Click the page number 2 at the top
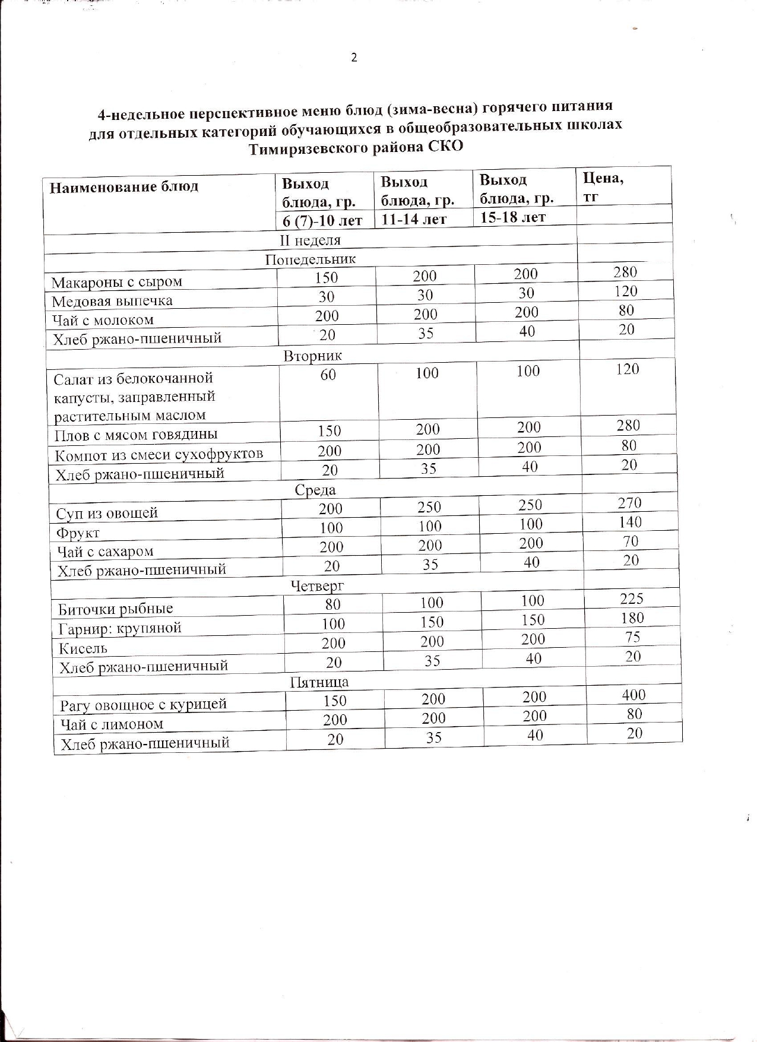[x=354, y=58]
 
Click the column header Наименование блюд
[x=123, y=187]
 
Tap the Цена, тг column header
[x=603, y=186]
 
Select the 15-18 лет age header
[x=512, y=217]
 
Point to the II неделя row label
[x=311, y=240]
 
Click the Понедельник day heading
[x=311, y=259]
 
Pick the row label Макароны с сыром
[x=116, y=282]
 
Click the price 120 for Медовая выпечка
[x=626, y=291]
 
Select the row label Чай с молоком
[x=103, y=320]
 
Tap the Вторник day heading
[x=313, y=356]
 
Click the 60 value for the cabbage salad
[x=328, y=375]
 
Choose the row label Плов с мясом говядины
[x=136, y=435]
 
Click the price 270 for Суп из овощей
[x=629, y=503]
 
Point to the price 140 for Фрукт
[x=630, y=522]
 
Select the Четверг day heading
[x=318, y=587]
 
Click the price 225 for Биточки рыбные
[x=632, y=598]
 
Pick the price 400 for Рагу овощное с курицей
[x=634, y=695]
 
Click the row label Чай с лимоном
[x=112, y=724]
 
